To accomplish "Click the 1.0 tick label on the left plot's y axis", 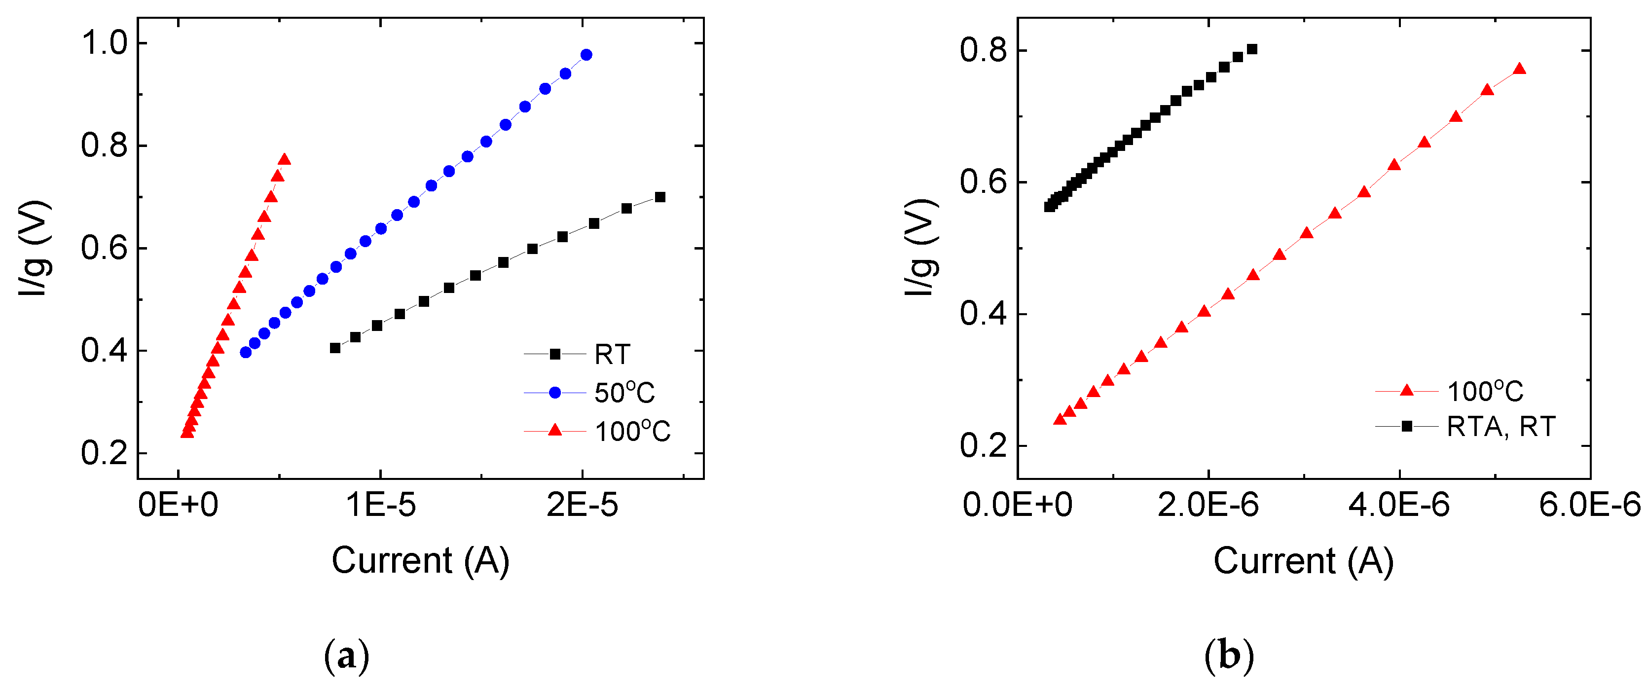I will [x=104, y=43].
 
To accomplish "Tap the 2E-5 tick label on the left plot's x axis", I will [x=582, y=505].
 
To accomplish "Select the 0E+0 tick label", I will [x=179, y=505].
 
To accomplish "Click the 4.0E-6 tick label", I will [x=1399, y=505].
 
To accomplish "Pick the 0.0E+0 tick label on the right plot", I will [x=1017, y=505].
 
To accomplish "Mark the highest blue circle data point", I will [x=586, y=55].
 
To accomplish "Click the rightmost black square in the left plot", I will [x=660, y=197].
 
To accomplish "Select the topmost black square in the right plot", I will [x=1252, y=49].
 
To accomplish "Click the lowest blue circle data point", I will [x=246, y=352].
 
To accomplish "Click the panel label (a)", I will [x=347, y=656].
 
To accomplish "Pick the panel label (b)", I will [x=1228, y=656].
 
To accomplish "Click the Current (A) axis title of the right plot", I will [x=1303, y=561].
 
